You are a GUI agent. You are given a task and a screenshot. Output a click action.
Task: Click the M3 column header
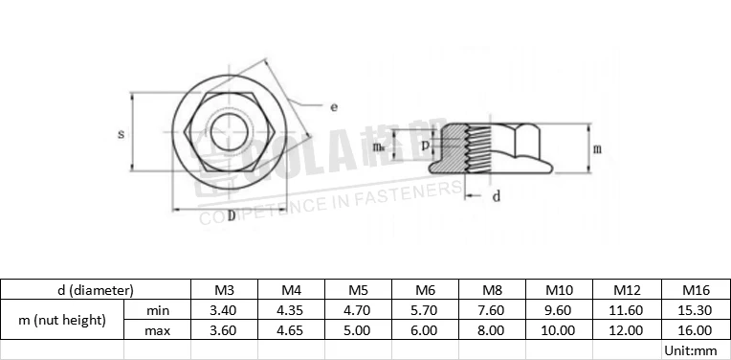coord(224,289)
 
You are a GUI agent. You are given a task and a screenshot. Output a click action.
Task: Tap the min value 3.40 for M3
coord(224,310)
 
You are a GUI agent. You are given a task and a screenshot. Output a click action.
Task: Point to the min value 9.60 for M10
coord(559,310)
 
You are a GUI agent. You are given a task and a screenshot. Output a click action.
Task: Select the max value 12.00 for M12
coord(626,330)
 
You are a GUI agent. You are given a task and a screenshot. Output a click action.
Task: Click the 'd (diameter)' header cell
coord(95,289)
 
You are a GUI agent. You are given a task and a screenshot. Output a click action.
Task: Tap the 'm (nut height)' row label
coord(63,320)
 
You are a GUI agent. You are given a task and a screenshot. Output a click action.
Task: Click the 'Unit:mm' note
coord(690,350)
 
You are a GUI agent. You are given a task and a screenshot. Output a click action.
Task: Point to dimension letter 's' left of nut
coord(121,134)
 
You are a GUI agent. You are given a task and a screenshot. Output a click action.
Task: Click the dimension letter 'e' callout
coord(333,107)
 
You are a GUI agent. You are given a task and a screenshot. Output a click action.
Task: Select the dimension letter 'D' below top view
coord(231,213)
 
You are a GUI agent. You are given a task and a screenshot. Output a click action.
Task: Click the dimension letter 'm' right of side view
coord(597,149)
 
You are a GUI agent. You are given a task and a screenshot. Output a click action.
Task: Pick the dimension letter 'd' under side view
coord(496,196)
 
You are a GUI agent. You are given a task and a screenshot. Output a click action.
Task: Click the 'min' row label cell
coord(158,310)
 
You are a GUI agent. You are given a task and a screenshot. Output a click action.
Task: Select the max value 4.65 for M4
coord(291,330)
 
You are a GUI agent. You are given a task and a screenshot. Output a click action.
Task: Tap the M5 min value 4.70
coord(358,310)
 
